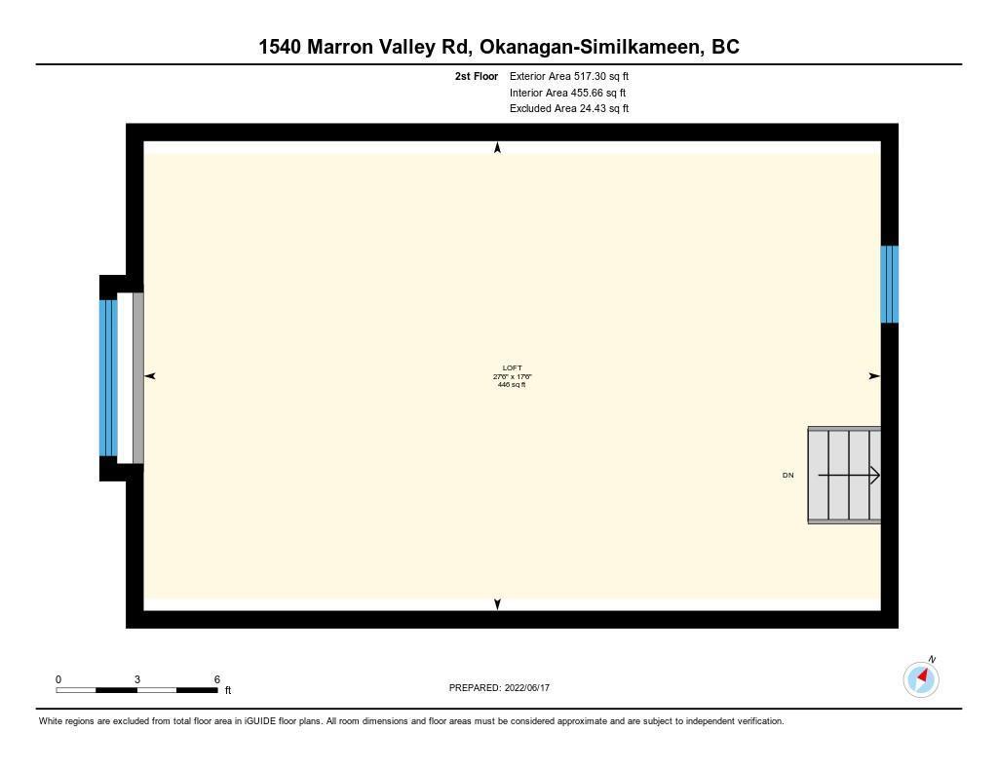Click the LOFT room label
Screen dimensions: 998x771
[512, 368]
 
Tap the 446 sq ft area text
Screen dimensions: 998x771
[512, 385]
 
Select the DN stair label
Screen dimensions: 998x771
[787, 475]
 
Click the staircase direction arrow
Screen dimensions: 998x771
[849, 475]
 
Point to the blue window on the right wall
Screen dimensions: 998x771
[889, 285]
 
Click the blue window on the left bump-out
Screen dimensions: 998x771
[108, 377]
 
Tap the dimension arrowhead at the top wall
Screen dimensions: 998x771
[498, 148]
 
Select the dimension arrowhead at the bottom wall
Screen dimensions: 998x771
[498, 604]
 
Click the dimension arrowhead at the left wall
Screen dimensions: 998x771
[150, 376]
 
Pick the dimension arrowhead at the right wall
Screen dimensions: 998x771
[874, 376]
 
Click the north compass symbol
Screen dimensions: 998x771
[921, 678]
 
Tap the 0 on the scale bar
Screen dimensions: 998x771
[58, 679]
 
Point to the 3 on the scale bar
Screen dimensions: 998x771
[136, 679]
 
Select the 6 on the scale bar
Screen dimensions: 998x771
[217, 679]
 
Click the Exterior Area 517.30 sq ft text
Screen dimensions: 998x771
[569, 76]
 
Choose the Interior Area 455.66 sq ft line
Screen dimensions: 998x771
[567, 93]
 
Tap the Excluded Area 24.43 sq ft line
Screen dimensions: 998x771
[569, 109]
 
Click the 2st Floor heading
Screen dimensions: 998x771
[476, 76]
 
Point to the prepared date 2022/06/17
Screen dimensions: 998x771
[527, 687]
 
